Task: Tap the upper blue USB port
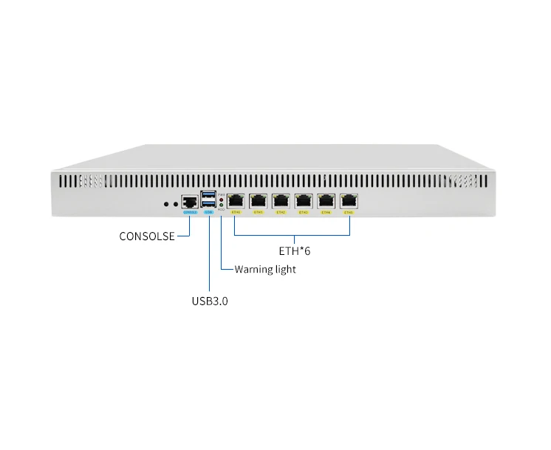[208, 195]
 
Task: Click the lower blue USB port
[208, 204]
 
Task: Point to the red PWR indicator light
[222, 200]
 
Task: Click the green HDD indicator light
[222, 205]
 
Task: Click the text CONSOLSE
[147, 236]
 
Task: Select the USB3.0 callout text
[210, 301]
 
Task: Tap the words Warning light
[265, 269]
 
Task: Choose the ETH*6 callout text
[295, 251]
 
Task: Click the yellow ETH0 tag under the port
[237, 212]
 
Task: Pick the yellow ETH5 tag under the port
[348, 212]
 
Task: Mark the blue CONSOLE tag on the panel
[190, 212]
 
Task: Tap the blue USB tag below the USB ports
[208, 212]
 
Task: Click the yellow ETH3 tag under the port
[304, 212]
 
